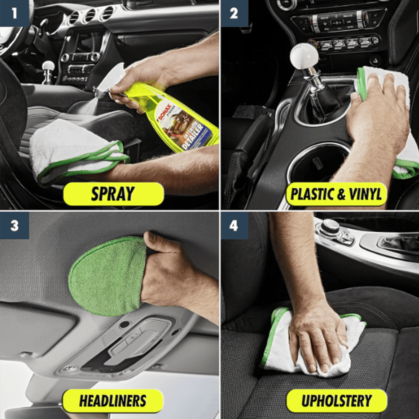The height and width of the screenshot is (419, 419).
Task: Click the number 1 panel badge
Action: click(15, 13)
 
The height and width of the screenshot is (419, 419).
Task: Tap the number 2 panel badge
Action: click(234, 13)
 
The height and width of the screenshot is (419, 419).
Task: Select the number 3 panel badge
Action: click(15, 225)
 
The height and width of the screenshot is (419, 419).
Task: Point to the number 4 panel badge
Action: click(234, 225)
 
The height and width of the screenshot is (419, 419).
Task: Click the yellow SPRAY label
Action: click(113, 194)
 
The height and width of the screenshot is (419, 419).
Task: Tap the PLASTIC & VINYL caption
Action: click(336, 194)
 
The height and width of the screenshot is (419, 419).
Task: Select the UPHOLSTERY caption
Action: click(336, 401)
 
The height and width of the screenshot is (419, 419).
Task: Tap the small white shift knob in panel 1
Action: click(49, 66)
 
